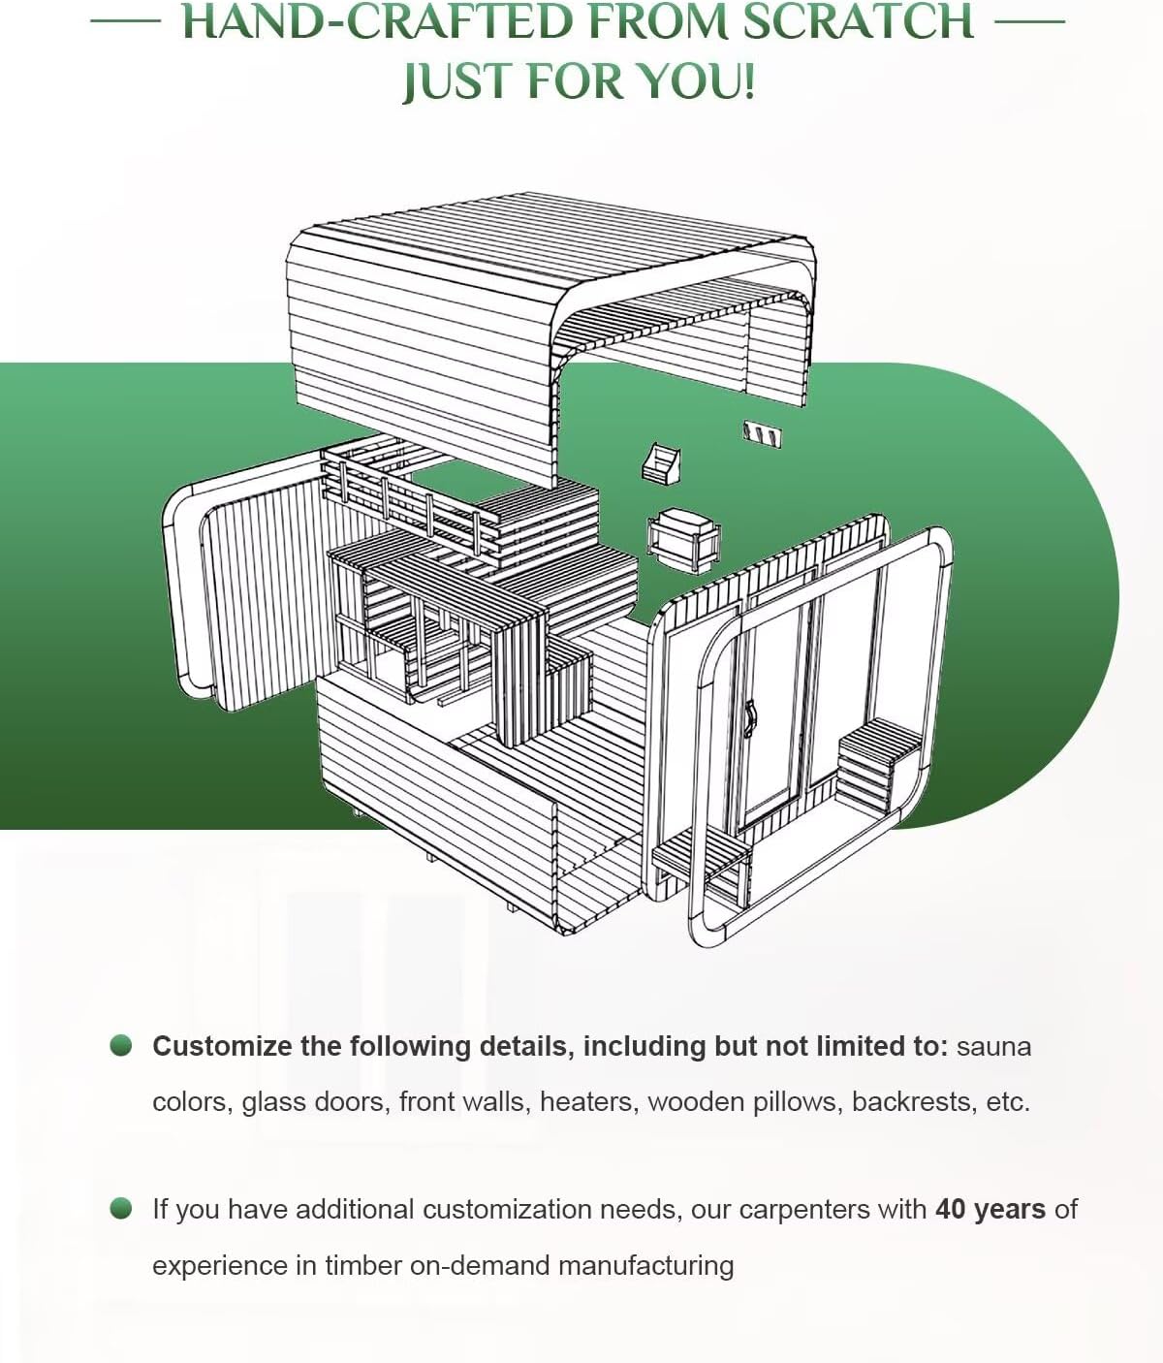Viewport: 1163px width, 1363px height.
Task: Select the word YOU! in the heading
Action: point(696,80)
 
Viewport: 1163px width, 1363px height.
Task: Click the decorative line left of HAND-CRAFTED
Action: point(124,20)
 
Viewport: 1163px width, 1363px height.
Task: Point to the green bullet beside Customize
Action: point(121,1045)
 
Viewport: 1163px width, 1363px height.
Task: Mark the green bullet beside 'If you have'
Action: point(121,1208)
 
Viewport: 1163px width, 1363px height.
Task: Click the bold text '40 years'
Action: point(990,1209)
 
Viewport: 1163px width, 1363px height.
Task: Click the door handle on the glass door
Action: point(748,716)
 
